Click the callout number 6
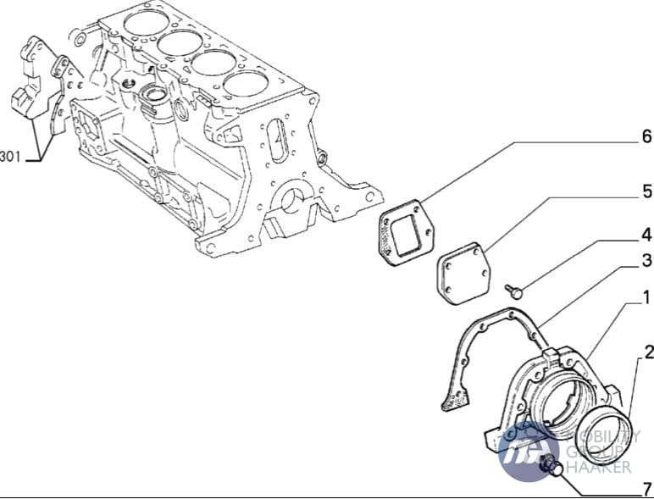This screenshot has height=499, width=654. (x=646, y=136)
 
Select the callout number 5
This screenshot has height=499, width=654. (x=646, y=191)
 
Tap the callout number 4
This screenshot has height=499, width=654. (x=646, y=236)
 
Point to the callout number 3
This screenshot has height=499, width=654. (x=646, y=260)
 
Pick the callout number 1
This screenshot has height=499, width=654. (x=646, y=298)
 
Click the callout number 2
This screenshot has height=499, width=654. (x=649, y=352)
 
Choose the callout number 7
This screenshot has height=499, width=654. (x=646, y=488)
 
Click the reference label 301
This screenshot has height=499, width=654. (x=10, y=157)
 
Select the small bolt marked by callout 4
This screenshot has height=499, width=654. (x=513, y=291)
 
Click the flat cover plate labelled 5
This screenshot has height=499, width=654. (x=463, y=274)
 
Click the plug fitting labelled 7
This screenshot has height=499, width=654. (x=551, y=466)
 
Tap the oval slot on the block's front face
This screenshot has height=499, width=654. (x=278, y=141)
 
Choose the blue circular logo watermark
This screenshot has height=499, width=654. (x=529, y=452)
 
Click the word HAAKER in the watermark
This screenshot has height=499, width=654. (x=599, y=467)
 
